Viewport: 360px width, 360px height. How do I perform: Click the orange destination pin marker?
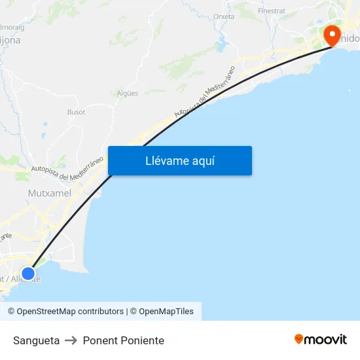pyautogui.click(x=332, y=35)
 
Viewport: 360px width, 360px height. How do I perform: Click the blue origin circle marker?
pyautogui.click(x=28, y=273)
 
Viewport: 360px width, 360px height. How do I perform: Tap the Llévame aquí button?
pyautogui.click(x=180, y=161)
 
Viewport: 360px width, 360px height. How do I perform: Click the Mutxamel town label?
pyautogui.click(x=50, y=193)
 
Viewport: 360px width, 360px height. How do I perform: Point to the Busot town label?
pyautogui.click(x=76, y=112)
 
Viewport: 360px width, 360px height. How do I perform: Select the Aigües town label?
pyautogui.click(x=127, y=93)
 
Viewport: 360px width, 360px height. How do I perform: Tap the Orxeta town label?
pyautogui.click(x=224, y=16)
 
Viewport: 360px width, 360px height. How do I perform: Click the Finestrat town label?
pyautogui.click(x=272, y=11)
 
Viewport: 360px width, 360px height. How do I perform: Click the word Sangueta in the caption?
pyautogui.click(x=36, y=340)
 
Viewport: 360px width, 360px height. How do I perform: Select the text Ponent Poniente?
pyautogui.click(x=123, y=340)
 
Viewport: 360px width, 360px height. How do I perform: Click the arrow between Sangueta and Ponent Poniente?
pyautogui.click(x=71, y=340)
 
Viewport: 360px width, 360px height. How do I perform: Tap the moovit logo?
pyautogui.click(x=321, y=339)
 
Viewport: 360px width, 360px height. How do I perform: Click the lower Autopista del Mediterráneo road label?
pyautogui.click(x=67, y=168)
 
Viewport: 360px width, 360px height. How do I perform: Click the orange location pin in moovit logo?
pyautogui.click(x=299, y=339)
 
